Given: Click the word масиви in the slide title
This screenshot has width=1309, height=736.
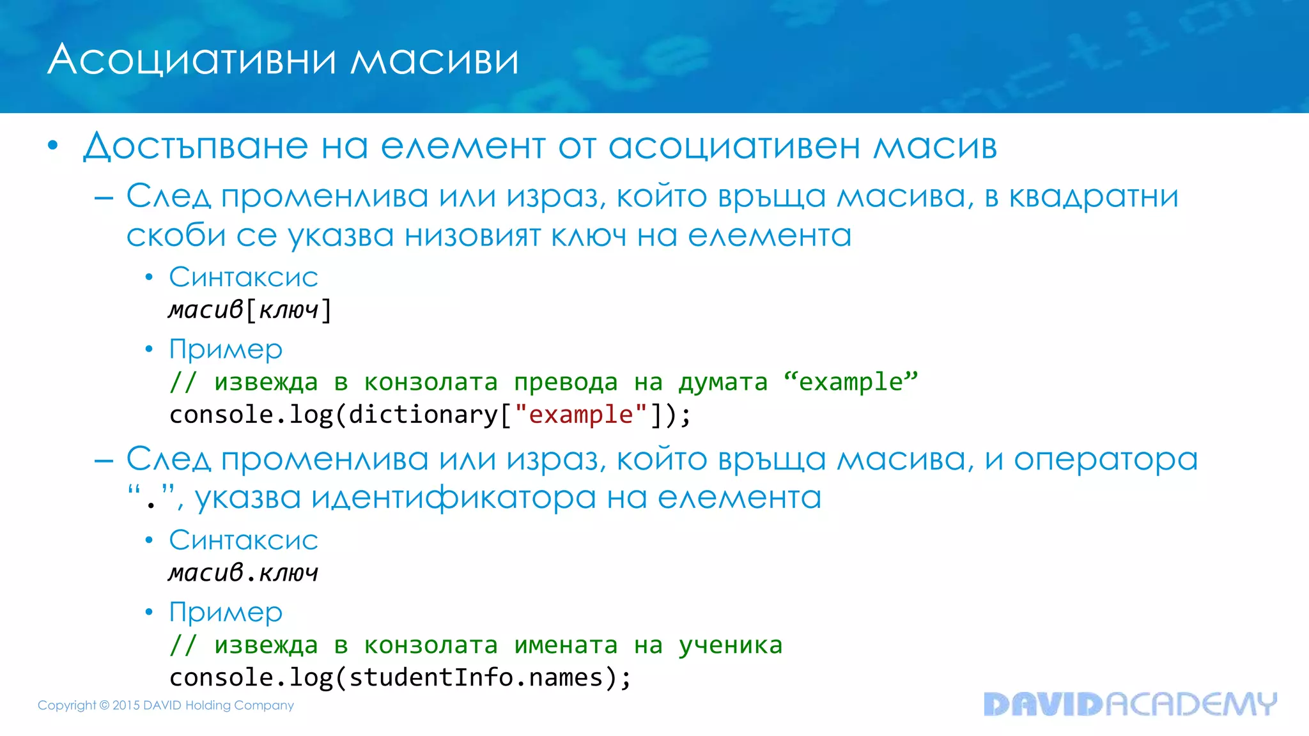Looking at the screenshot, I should pyautogui.click(x=435, y=61).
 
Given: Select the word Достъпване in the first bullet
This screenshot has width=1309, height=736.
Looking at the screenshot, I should pyautogui.click(x=196, y=146).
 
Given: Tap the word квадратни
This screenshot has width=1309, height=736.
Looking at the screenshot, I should pyautogui.click(x=1094, y=196).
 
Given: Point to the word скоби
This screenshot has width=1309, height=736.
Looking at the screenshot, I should pyautogui.click(x=176, y=236).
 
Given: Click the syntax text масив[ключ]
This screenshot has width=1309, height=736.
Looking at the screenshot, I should pyautogui.click(x=250, y=310).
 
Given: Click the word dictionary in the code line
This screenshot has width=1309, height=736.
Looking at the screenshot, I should pyautogui.click(x=422, y=415).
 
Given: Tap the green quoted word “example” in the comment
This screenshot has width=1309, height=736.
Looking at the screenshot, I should pyautogui.click(x=851, y=382).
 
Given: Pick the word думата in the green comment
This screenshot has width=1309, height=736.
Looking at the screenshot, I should pyautogui.click(x=722, y=382).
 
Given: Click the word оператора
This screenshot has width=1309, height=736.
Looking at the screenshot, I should pyautogui.click(x=1106, y=459).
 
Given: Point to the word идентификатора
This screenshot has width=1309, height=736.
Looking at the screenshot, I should pyautogui.click(x=453, y=498).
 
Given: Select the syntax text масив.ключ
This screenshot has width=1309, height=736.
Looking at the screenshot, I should pyautogui.click(x=244, y=572).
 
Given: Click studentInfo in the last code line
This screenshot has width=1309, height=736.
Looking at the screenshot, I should pyautogui.click(x=431, y=677).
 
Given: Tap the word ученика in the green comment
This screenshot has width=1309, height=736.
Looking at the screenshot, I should pyautogui.click(x=730, y=645).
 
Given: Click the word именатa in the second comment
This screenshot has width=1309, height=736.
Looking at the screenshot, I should pyautogui.click(x=566, y=645).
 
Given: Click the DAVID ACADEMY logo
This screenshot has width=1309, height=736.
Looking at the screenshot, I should pyautogui.click(x=1129, y=704).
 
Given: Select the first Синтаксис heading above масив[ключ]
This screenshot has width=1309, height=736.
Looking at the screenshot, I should pyautogui.click(x=244, y=277).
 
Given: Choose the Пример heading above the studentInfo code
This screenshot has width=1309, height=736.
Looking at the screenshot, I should pyautogui.click(x=226, y=612).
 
